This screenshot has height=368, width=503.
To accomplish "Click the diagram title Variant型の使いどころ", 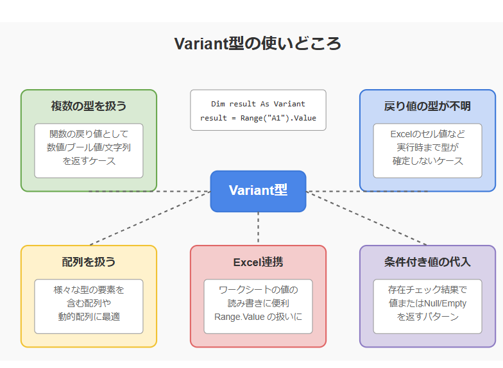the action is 258,44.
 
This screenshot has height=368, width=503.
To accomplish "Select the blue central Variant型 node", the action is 258,191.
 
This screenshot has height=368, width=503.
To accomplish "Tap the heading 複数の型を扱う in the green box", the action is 89,106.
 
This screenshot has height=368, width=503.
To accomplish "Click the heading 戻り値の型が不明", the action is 427,106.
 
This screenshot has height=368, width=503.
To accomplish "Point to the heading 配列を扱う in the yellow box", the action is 89,262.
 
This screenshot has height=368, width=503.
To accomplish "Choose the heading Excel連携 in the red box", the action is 258,262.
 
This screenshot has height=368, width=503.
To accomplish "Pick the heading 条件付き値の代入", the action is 427,262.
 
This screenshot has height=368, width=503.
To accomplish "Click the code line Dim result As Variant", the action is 258,104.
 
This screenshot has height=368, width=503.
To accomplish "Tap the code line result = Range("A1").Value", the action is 258,118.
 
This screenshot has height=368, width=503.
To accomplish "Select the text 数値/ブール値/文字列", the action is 89,147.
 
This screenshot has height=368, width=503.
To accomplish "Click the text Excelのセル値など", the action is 427,133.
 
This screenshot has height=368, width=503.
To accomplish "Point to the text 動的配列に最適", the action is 89,317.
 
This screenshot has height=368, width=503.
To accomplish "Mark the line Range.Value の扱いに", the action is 258,317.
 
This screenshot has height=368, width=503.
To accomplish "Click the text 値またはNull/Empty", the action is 427,303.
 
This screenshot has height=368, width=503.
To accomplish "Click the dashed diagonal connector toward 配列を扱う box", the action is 150,218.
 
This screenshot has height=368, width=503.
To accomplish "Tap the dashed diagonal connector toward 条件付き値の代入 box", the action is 366,218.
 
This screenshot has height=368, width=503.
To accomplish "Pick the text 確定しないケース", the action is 427,160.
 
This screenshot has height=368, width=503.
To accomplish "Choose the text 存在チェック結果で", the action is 427,290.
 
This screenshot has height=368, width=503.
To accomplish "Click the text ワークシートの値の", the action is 258,290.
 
